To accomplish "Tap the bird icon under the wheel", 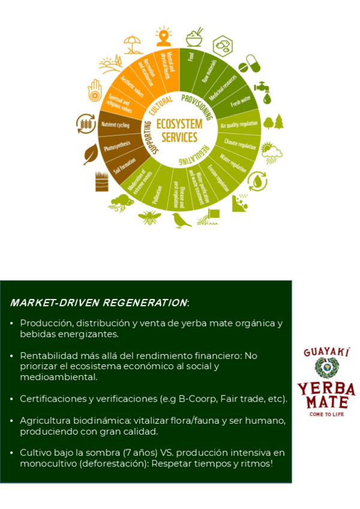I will (x=182, y=220).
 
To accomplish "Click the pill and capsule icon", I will (x=249, y=64).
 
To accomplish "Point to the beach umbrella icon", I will (x=133, y=43).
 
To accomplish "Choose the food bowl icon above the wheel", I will (x=194, y=37).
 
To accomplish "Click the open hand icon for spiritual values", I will (x=95, y=90).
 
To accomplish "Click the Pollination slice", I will (x=157, y=192).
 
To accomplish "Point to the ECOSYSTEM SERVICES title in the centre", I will (x=176, y=130).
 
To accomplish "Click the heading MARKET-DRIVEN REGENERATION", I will (x=99, y=302).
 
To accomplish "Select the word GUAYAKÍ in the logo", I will (x=326, y=353).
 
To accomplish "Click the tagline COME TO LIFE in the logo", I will (x=326, y=414).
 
